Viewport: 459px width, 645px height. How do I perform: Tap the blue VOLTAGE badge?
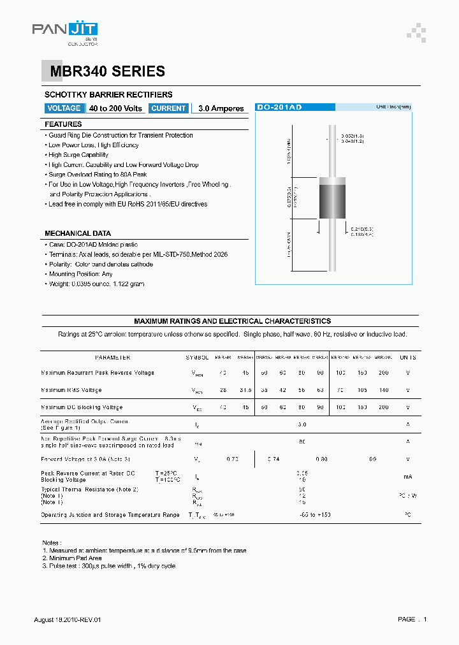64,108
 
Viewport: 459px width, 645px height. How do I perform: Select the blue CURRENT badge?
169,108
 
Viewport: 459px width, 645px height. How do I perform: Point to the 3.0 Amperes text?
221,109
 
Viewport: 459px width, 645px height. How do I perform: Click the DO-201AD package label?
279,108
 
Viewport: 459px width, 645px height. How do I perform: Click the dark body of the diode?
331,201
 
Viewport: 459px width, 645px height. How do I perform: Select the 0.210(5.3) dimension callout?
361,228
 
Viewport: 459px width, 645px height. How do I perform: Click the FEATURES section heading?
63,124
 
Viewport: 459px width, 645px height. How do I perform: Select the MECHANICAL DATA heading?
78,233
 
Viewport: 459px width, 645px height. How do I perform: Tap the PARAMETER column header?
112,358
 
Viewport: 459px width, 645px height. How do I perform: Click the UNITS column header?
408,358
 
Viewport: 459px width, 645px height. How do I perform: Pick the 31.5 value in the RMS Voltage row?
246,390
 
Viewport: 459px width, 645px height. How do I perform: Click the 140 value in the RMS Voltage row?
382,390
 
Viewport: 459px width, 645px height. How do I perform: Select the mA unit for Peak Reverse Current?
408,476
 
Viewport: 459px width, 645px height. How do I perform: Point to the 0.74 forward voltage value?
273,459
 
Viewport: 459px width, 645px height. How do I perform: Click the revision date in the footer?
67,620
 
